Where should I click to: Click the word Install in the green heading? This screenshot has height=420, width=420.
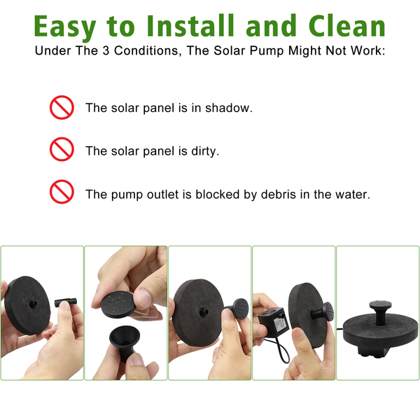[x=190, y=26]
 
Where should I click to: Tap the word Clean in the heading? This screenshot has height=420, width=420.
[x=347, y=26]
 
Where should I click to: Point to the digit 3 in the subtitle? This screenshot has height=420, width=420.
[x=106, y=50]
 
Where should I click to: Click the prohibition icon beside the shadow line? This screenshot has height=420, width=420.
[x=62, y=107]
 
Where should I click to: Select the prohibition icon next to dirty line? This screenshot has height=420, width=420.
[x=62, y=149]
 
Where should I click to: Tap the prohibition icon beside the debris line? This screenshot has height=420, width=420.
[x=62, y=192]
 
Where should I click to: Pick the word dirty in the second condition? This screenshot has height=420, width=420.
[x=205, y=151]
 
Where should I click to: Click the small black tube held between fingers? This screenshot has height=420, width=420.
[x=66, y=302]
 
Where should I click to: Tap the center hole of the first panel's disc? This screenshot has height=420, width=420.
[x=33, y=304]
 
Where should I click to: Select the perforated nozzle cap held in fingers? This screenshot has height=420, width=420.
[x=117, y=304]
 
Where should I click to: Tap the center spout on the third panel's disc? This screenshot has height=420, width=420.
[x=204, y=312]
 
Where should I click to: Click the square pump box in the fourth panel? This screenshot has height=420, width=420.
[x=274, y=321]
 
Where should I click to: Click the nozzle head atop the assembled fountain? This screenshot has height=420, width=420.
[x=380, y=304]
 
